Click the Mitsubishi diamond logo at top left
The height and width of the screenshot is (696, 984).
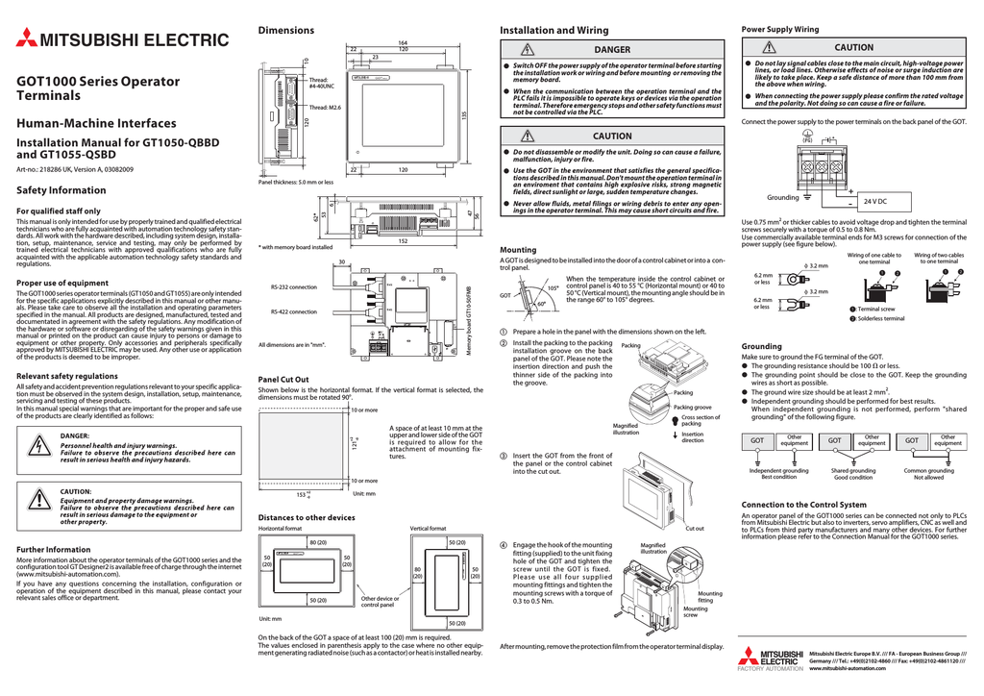pyautogui.click(x=25, y=39)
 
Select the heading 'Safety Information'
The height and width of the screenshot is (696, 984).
pyautogui.click(x=61, y=190)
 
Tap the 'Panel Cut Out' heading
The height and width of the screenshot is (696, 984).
pyautogui.click(x=284, y=379)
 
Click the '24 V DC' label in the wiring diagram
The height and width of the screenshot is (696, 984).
pyautogui.click(x=874, y=200)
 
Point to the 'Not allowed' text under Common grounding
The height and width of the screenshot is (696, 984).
pyautogui.click(x=928, y=477)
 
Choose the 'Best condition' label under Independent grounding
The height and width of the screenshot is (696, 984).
pyautogui.click(x=778, y=477)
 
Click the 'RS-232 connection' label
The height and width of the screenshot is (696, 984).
pyautogui.click(x=294, y=287)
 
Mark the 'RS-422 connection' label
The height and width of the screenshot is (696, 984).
pyautogui.click(x=294, y=311)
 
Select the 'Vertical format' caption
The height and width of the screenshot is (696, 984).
pyautogui.click(x=428, y=529)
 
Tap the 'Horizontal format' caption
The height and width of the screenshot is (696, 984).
pyautogui.click(x=281, y=529)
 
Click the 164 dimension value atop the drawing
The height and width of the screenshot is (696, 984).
pyautogui.click(x=403, y=42)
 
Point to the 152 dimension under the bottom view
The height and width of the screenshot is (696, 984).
pyautogui.click(x=403, y=241)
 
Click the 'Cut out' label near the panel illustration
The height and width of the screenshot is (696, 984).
pyautogui.click(x=694, y=528)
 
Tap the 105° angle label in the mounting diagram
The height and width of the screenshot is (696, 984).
pyautogui.click(x=553, y=288)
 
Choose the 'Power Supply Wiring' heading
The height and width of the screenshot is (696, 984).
pyautogui.click(x=779, y=30)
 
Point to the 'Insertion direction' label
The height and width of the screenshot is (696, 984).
pyautogui.click(x=693, y=436)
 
